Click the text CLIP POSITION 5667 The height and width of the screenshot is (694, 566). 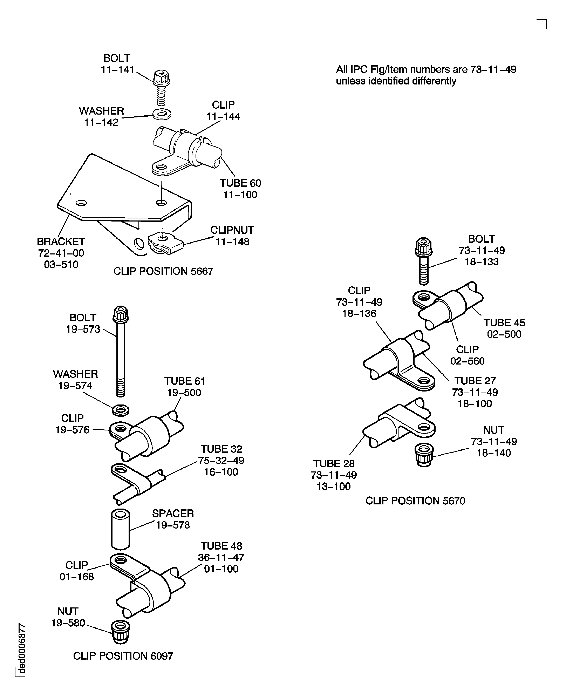[163, 271]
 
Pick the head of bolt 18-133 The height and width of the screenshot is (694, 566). [424, 247]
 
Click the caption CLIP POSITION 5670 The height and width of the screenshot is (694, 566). [415, 501]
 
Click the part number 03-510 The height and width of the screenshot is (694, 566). [61, 264]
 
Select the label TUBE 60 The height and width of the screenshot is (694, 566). [240, 183]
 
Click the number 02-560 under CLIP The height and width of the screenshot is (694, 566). [467, 361]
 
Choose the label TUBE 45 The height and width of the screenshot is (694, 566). [504, 323]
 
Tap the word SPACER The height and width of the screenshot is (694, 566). [173, 513]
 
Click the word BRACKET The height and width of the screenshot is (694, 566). [61, 241]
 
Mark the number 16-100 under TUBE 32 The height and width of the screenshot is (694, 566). [221, 472]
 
